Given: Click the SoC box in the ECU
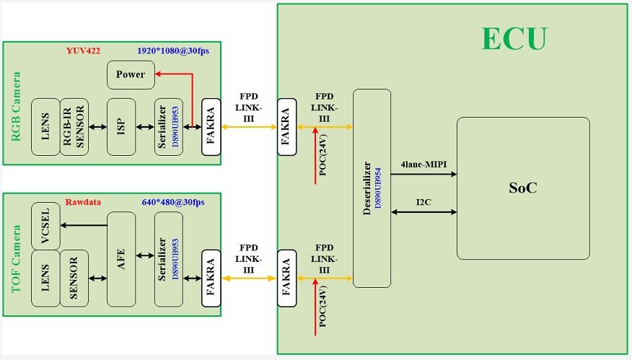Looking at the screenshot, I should (523, 188).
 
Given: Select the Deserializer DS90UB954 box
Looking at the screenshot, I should (372, 188).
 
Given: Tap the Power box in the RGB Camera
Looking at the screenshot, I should (131, 74).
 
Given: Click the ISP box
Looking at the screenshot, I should (120, 126).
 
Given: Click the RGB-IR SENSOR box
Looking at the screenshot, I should (74, 126).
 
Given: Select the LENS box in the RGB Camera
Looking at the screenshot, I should (45, 126).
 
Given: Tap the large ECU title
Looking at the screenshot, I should (514, 39).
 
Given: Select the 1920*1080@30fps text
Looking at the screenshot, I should (172, 51).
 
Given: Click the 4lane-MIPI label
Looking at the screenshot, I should (423, 164).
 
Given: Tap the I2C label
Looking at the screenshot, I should (424, 203).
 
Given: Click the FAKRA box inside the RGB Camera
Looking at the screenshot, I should (211, 126).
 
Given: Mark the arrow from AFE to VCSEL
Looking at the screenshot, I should (83, 225).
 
